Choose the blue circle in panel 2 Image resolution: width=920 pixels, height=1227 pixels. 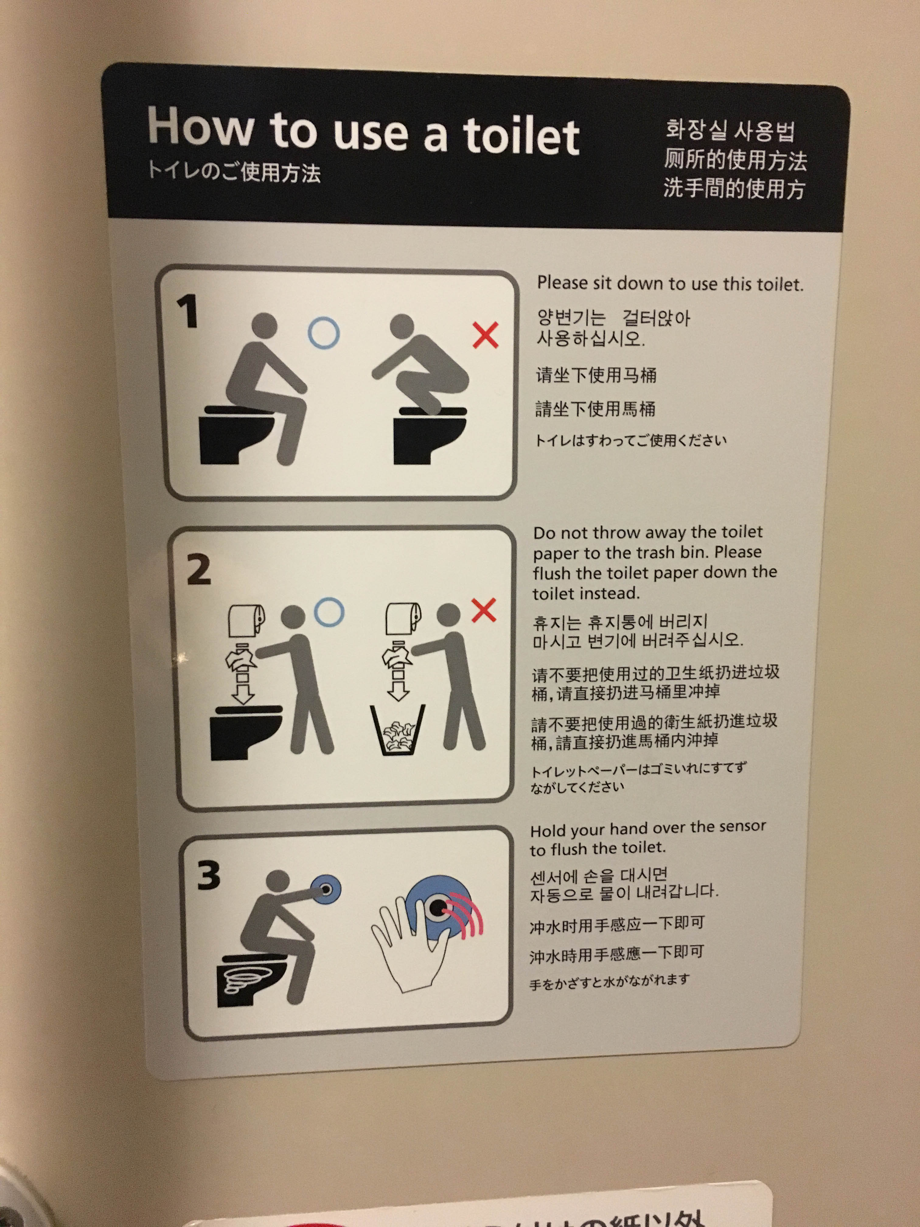tap(329, 612)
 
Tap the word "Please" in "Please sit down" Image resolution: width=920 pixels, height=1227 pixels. tap(562, 283)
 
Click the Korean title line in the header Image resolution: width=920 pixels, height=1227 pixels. tap(731, 130)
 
